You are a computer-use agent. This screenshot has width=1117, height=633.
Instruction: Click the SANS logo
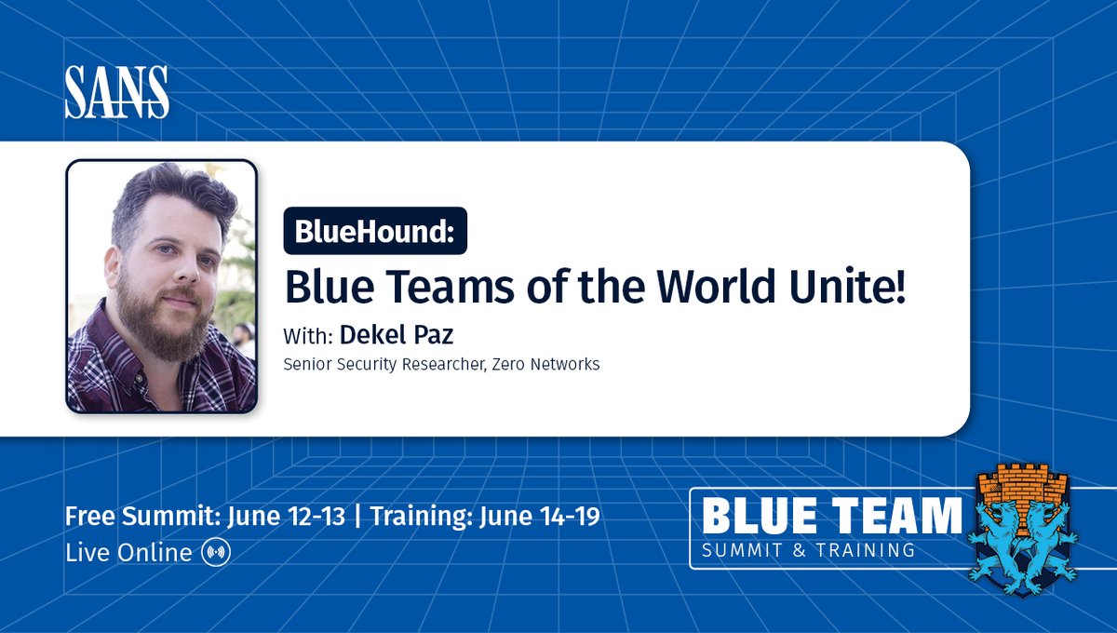[x=116, y=93]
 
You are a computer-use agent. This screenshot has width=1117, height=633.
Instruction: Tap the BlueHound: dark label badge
[x=375, y=231]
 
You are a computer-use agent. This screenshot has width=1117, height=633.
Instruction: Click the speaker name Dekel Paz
[x=396, y=334]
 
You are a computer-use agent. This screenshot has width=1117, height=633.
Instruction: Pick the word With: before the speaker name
[x=308, y=335]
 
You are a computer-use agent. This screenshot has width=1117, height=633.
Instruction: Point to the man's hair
[x=172, y=195]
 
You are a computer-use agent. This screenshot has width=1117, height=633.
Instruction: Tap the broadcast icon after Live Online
[x=215, y=552]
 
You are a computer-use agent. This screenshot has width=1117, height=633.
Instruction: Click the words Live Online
[x=128, y=552]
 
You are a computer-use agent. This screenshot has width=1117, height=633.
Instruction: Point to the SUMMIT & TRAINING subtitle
[x=808, y=550]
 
